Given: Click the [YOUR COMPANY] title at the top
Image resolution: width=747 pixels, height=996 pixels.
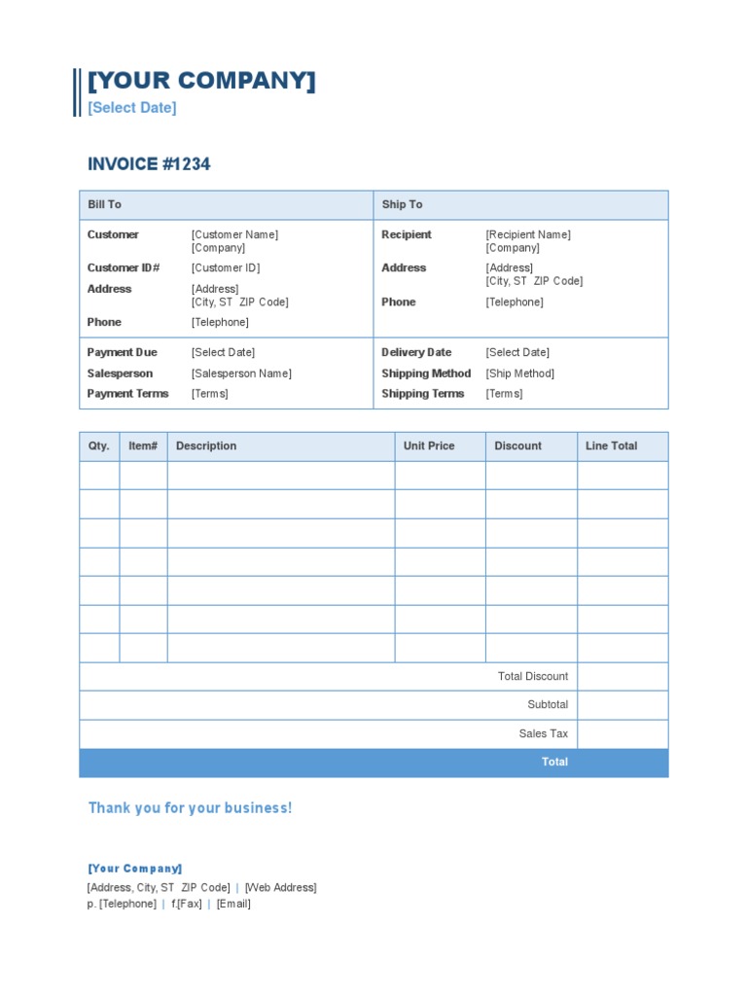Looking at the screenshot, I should click(x=201, y=82).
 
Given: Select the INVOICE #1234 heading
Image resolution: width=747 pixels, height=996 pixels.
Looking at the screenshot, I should click(x=149, y=164).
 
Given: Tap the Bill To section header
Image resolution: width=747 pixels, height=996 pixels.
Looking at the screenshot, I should click(x=104, y=205).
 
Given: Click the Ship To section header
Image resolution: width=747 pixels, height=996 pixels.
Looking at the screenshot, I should click(x=402, y=205).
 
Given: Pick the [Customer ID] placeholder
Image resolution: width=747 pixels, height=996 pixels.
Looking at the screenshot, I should click(x=226, y=268).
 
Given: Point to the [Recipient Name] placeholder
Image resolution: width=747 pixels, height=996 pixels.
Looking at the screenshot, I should click(x=528, y=235).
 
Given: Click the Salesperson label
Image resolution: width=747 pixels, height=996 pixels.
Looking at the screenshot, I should click(x=121, y=373).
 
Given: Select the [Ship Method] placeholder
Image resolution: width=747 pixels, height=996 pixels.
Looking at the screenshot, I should click(x=520, y=373).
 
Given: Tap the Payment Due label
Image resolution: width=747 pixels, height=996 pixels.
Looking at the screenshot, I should click(x=122, y=353).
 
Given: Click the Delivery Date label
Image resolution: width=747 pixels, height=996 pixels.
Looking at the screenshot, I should click(x=416, y=353).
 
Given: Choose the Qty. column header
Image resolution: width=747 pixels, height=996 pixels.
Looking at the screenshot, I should click(x=99, y=446).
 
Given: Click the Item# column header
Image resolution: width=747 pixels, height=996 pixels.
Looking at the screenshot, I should click(x=143, y=446).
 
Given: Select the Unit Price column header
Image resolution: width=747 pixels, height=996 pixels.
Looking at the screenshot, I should click(x=429, y=446).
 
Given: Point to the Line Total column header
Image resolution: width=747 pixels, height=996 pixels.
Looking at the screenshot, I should click(x=611, y=446).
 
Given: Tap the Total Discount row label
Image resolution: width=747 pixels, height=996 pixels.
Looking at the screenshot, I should click(x=533, y=677).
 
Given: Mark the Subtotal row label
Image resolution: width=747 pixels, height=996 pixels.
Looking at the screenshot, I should click(x=548, y=705).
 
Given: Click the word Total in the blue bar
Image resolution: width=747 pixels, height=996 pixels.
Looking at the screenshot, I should click(x=554, y=763).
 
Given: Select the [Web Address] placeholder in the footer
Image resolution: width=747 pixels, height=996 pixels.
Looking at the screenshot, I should click(x=280, y=888).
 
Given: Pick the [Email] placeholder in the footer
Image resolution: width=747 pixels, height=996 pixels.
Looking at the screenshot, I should click(x=233, y=905).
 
